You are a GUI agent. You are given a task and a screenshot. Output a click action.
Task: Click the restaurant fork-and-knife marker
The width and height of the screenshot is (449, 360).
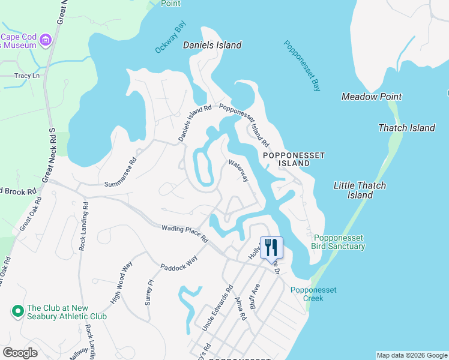tap(271, 247)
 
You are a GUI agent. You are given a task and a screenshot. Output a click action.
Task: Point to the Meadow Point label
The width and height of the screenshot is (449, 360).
tap(372, 97)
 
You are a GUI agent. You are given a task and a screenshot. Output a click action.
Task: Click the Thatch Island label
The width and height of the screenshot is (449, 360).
tap(406, 128)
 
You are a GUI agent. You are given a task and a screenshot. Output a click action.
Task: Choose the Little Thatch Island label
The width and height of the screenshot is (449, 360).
tap(360, 190)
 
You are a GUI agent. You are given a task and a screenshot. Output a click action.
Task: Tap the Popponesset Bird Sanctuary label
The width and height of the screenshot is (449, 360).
tap(338, 242)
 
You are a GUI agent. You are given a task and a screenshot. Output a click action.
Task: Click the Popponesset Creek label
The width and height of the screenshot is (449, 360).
tap(313, 294)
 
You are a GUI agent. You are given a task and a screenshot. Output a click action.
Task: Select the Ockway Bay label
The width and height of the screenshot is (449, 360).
tap(171, 38)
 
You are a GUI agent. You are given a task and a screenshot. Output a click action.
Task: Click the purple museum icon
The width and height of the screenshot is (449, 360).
tap(45, 41)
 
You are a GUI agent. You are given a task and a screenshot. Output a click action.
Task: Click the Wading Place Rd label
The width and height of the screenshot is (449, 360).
tap(184, 233)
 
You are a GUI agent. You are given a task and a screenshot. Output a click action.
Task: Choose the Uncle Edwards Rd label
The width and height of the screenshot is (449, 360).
tap(217, 308)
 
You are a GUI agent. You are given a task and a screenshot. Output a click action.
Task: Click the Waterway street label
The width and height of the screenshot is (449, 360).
tap(238, 171)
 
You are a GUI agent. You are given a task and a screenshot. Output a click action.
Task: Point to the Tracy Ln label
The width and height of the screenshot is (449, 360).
tap(26, 76)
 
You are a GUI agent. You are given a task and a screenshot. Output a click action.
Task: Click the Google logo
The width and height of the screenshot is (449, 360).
tap(20, 353)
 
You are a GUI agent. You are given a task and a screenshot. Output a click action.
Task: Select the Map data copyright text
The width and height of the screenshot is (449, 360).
tap(411, 355)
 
